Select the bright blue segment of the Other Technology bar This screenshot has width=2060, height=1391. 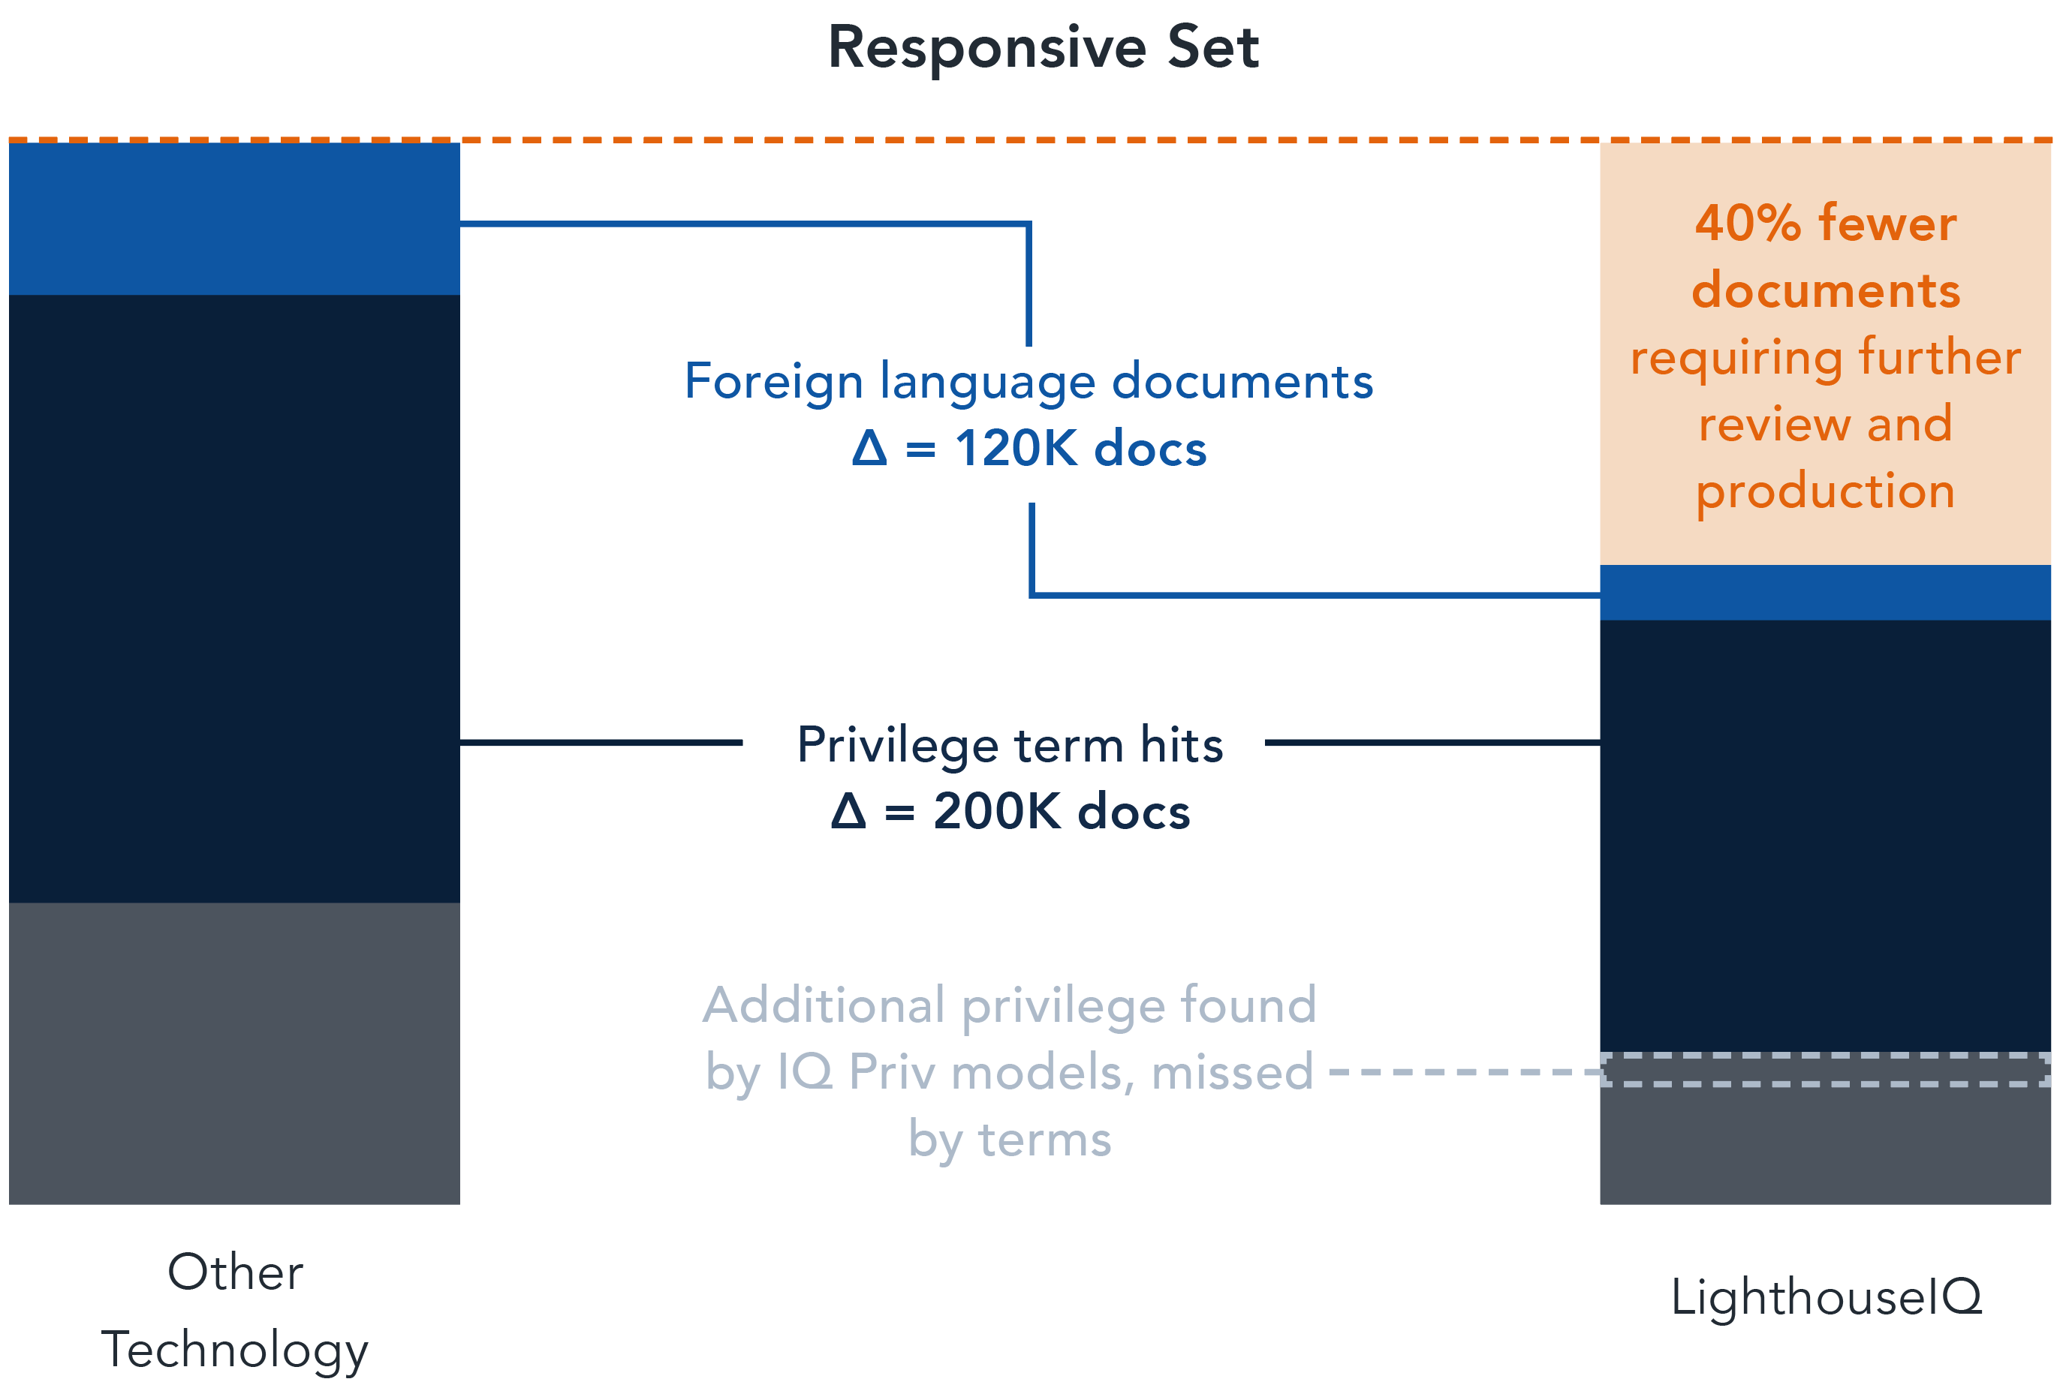coord(234,219)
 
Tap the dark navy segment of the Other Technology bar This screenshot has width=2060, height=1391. coord(234,599)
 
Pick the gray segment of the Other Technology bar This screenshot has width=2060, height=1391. coord(234,1053)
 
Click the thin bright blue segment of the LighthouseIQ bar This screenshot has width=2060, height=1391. coord(1825,593)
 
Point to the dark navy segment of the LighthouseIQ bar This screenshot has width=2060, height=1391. coord(1825,837)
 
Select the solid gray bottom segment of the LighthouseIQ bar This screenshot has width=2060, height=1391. coord(1825,1145)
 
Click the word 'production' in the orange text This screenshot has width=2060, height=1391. coord(1825,493)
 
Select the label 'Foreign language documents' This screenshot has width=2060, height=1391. coord(1028,383)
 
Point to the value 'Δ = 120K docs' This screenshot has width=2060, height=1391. coord(1028,449)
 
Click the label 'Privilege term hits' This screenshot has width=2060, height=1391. coord(1010,745)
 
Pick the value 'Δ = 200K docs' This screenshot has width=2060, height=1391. coord(1010,812)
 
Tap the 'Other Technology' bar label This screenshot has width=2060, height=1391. coord(235,1311)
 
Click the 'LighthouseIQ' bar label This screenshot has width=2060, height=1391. coord(1826,1298)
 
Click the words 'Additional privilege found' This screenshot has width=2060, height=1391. coord(1010,1006)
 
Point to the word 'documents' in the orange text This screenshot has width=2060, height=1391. coord(1825,290)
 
